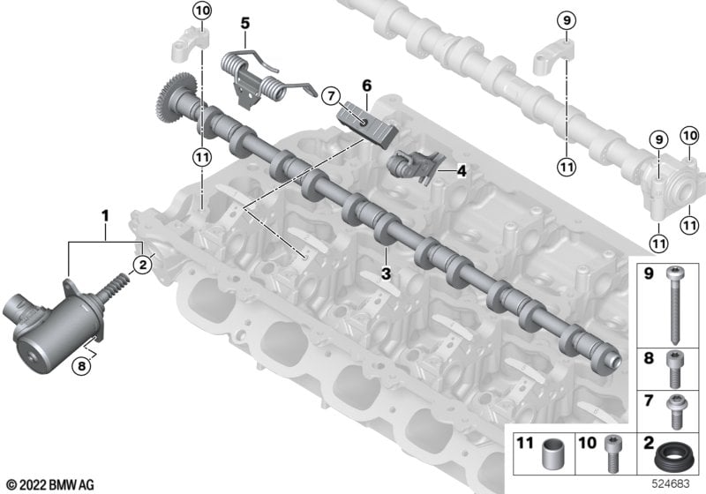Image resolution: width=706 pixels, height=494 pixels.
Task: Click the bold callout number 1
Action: tap(105, 216)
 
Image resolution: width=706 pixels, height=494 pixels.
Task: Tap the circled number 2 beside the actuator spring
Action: tap(143, 265)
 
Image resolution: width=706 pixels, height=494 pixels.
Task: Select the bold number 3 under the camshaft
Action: tap(386, 273)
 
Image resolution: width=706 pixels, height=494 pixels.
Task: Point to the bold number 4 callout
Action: tap(461, 171)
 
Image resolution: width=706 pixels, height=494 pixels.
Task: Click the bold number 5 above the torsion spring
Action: tap(245, 23)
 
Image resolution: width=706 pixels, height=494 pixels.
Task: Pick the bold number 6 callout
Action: tap(367, 86)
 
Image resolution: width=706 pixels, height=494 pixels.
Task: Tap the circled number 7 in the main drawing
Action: tap(332, 96)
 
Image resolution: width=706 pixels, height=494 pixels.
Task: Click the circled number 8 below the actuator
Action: tap(81, 366)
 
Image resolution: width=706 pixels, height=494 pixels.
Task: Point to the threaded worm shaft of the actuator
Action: tap(116, 287)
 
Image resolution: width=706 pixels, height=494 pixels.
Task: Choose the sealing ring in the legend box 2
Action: tap(671, 458)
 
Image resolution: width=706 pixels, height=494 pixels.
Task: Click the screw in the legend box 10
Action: tap(612, 453)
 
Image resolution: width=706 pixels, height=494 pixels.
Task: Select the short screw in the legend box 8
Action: tap(674, 370)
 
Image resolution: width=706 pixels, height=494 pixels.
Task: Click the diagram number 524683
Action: tap(671, 484)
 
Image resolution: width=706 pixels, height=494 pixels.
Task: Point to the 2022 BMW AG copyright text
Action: tap(50, 485)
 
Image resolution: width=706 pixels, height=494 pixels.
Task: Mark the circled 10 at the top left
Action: tap(202, 11)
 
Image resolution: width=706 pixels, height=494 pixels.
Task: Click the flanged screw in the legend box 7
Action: tap(674, 411)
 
